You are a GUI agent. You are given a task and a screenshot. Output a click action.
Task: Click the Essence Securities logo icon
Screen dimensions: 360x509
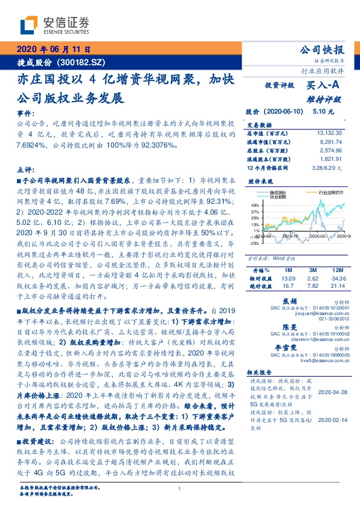(x=29, y=25)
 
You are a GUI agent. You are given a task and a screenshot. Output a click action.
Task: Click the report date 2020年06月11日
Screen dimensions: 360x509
(x=54, y=50)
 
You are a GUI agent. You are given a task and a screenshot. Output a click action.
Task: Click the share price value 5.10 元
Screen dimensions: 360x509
(x=321, y=111)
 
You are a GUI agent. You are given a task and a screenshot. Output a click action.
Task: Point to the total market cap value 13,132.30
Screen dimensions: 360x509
(x=330, y=132)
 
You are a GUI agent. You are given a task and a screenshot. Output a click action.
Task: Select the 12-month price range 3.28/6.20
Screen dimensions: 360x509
(x=329, y=167)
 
